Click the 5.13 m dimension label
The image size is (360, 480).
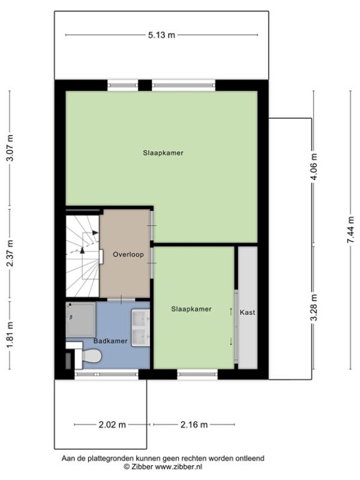click(161, 35)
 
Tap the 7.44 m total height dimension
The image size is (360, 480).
click(351, 230)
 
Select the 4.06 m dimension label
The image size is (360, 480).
click(314, 167)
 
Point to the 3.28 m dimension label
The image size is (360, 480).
click(314, 307)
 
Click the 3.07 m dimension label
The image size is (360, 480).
click(10, 148)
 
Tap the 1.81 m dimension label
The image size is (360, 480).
click(10, 335)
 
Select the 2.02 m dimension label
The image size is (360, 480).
click(112, 425)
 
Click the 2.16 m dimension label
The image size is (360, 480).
click(194, 425)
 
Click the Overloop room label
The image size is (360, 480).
click(128, 254)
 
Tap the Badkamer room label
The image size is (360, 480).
click(110, 341)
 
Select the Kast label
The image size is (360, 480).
click(247, 313)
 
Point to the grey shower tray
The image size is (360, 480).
click(81, 320)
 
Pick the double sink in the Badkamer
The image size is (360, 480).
click(140, 328)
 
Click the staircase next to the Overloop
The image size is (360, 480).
click(82, 256)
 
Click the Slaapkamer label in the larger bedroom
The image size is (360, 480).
click(163, 153)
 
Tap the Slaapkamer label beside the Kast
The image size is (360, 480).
click(191, 309)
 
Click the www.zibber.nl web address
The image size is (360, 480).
click(178, 467)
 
